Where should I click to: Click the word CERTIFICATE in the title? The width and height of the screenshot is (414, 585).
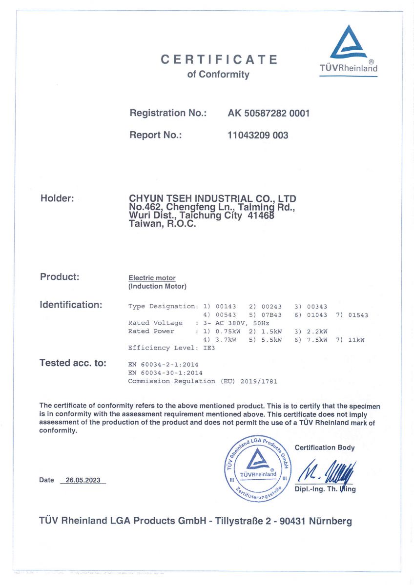coord(219,59)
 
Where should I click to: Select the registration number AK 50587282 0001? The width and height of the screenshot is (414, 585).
coord(269,113)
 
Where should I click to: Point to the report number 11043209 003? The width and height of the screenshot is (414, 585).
coord(258,135)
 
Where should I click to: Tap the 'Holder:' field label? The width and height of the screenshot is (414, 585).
coord(57,198)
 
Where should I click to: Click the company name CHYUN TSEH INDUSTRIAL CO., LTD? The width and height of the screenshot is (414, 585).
coord(212,199)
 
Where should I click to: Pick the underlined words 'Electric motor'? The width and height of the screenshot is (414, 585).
coord(152,278)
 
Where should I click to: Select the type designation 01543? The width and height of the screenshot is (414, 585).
coord(358,315)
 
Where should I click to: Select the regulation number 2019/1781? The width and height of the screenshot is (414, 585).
coord(259,381)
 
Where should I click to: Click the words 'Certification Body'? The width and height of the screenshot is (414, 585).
coord(325,448)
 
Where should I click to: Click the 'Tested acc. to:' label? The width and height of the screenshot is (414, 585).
coord(73,363)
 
